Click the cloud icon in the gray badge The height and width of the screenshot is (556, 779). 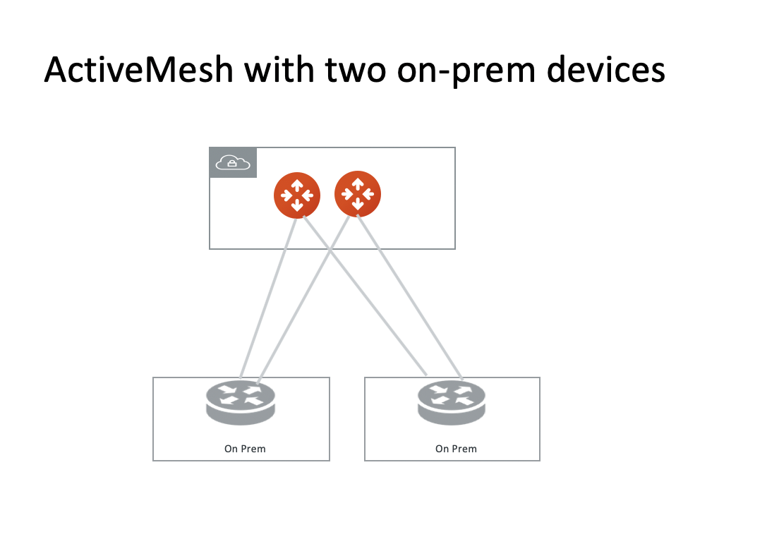233,163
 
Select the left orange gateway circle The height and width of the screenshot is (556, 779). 297,195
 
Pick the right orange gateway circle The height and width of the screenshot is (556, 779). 358,195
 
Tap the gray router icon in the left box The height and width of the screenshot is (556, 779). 241,403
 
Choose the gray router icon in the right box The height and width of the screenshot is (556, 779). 452,403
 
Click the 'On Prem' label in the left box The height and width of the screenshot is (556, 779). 245,449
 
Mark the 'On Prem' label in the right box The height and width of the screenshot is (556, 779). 456,449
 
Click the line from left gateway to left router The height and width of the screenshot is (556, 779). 268,296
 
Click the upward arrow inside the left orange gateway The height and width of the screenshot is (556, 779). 297,185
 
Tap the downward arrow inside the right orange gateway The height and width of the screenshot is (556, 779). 358,205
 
